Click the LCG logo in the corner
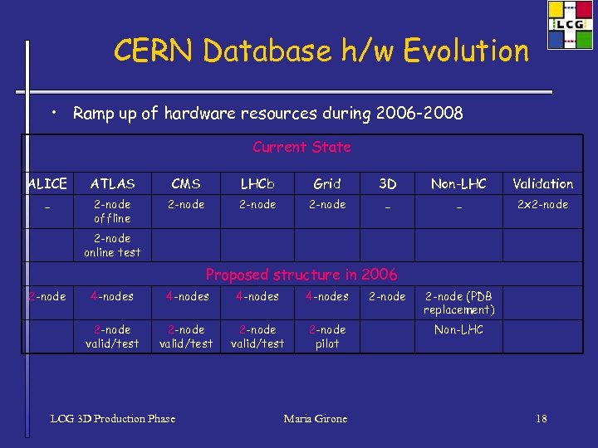pos(570,25)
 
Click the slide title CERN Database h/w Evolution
pos(321,51)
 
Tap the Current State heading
pos(301,147)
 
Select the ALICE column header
pos(47,183)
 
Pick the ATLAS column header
pos(112,183)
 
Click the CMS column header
pos(186,183)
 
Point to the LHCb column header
pos(257,183)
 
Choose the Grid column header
pos(327,183)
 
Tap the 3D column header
pos(387,183)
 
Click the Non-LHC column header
pos(458,183)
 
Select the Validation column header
pos(542,183)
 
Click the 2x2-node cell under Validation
pos(542,204)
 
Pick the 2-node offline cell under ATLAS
pos(112,211)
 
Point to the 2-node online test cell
pos(112,246)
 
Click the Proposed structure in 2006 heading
pos(301,275)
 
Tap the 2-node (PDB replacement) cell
pos(458,303)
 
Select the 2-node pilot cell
pos(327,336)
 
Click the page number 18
pos(541,419)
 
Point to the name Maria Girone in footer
pos(316,419)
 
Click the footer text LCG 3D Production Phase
pos(113,419)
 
